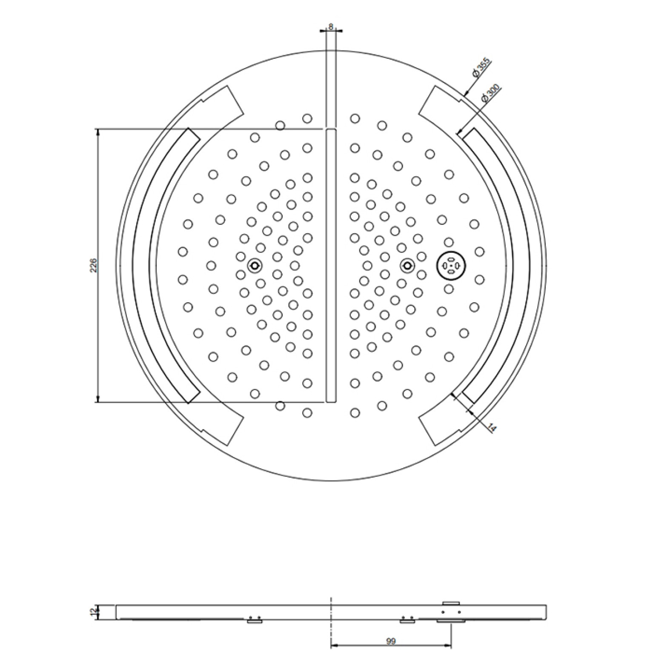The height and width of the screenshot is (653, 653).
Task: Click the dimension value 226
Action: pos(94,265)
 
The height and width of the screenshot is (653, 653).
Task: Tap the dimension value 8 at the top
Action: pos(331,26)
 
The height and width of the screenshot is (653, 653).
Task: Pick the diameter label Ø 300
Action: pos(491,93)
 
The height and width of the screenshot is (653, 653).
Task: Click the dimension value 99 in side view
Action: pos(391,641)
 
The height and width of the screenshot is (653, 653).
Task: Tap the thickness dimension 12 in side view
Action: pos(94,612)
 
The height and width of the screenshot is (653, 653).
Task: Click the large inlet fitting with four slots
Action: pos(451,266)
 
